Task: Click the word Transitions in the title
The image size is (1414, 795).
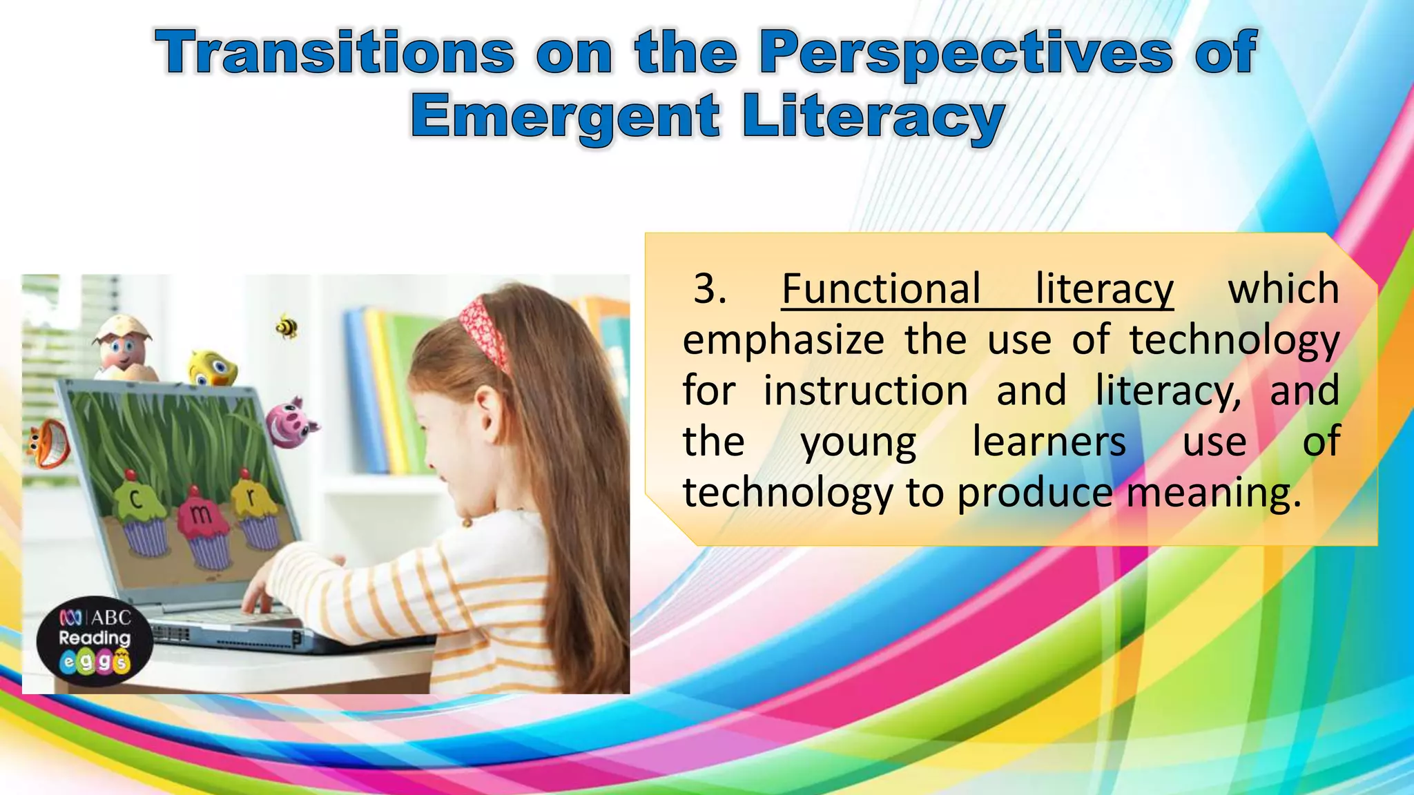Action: point(336,52)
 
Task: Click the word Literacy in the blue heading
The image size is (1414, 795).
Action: point(873,117)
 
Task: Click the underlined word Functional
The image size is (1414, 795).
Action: point(881,288)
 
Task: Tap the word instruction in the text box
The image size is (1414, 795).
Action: point(866,391)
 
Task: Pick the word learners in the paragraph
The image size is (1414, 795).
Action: point(1049,442)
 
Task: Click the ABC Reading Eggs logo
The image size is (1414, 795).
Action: point(95,640)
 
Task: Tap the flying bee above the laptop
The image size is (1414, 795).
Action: point(287,326)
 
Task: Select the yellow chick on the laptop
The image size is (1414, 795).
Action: point(213,368)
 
